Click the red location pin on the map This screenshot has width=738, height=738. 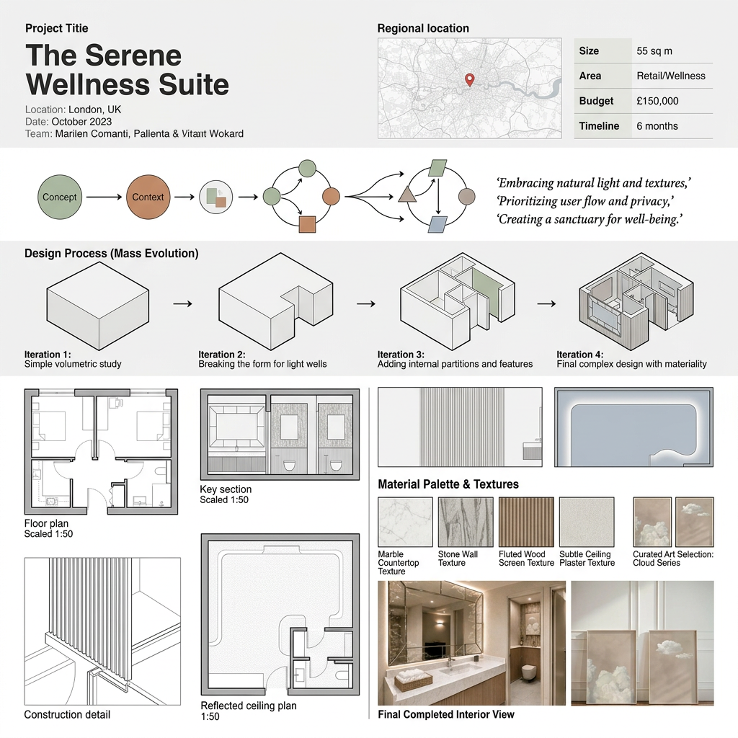pos(469,79)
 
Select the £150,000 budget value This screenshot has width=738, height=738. pos(657,101)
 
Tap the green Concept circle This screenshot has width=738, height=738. pos(60,197)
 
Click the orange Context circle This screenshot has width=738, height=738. pos(148,197)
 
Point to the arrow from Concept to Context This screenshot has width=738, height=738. pos(104,197)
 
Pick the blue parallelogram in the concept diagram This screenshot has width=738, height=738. pos(437,225)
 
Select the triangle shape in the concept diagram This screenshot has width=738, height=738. pos(407,194)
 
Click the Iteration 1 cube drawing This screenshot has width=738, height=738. pos(98,306)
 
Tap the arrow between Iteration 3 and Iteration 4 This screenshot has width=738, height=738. pos(546,303)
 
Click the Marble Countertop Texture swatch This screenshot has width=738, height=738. pos(405,522)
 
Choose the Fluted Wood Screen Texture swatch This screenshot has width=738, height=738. pos(526,522)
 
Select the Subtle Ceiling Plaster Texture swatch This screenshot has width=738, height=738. pos(587,522)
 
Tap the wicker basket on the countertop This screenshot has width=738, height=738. pos(413,680)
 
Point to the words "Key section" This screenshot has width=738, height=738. pos(226,489)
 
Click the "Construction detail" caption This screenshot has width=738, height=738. pos(67,714)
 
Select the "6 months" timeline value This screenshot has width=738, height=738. pos(657,126)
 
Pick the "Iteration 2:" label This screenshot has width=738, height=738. pos(222,355)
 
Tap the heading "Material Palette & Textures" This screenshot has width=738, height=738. pos(448,484)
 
